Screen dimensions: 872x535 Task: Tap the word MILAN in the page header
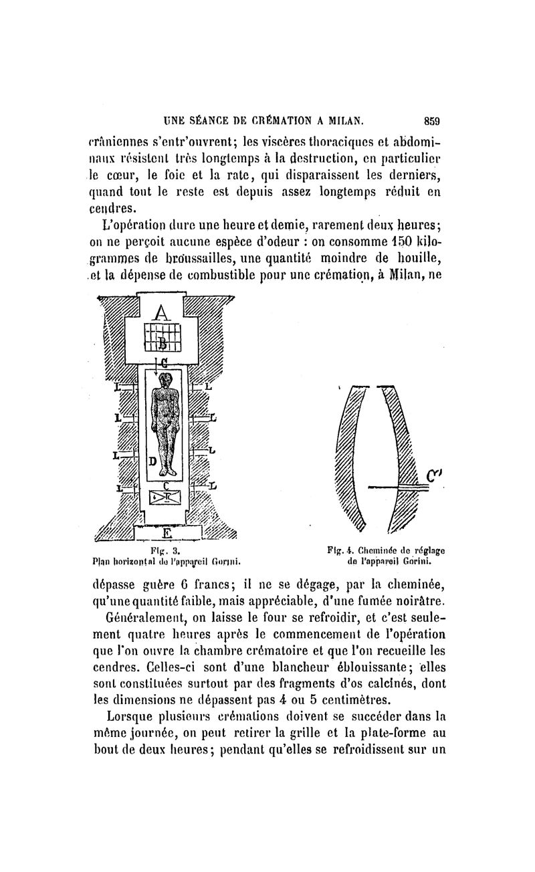[x=342, y=122]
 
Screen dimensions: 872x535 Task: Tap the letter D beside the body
[x=152, y=461]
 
